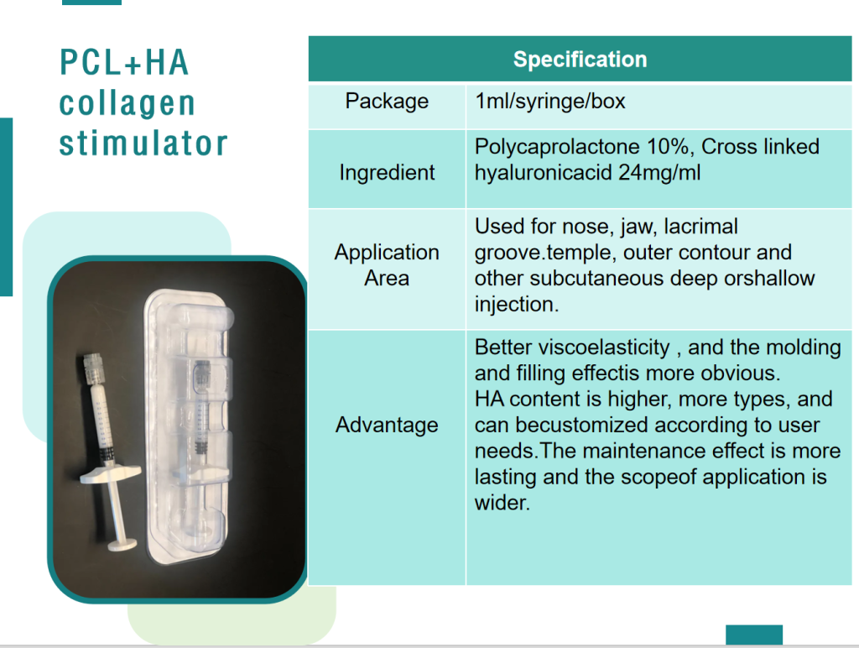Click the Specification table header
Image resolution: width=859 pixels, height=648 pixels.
point(580,60)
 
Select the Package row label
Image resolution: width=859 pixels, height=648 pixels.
point(387,102)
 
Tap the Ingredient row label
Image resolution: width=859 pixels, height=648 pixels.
point(387,173)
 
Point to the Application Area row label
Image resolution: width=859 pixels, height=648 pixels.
point(387,264)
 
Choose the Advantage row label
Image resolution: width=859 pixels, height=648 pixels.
point(387,425)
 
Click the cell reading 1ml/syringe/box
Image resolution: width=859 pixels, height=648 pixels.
point(550,102)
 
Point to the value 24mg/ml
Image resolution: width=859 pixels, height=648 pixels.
point(659,173)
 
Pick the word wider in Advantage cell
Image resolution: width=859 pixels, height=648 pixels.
point(502,503)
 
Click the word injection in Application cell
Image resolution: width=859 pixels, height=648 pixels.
point(517,304)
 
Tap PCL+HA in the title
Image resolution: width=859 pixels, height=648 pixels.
point(124,62)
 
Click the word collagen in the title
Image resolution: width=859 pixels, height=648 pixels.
point(128,103)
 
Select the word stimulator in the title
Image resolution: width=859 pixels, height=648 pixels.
point(143,143)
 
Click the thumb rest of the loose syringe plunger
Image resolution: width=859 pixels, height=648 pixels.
point(122,545)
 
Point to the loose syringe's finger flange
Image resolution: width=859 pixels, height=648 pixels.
point(110,473)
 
